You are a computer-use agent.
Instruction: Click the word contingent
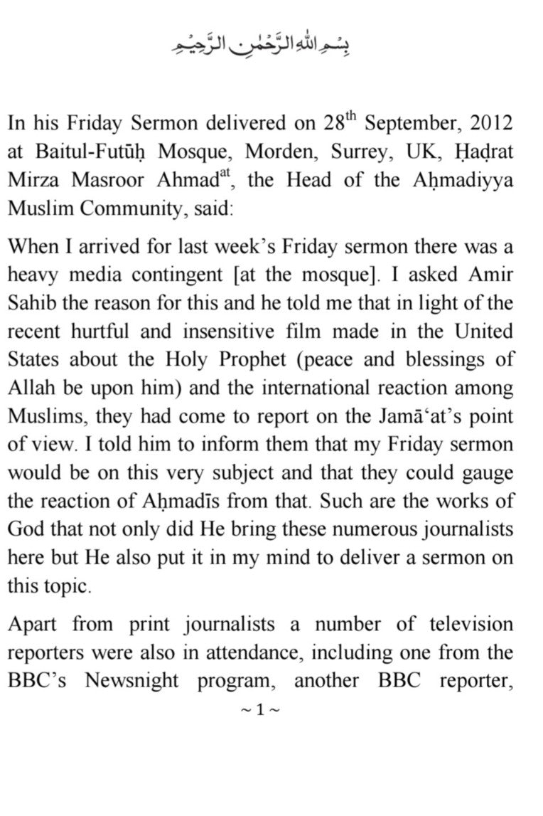(x=167, y=274)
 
